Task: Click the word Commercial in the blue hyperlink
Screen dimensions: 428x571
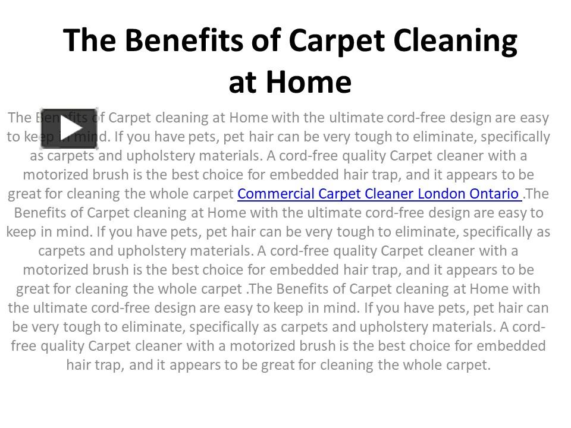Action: pyautogui.click(x=276, y=194)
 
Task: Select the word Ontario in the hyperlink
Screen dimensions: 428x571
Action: pyautogui.click(x=495, y=194)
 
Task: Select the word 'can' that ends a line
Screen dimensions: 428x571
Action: pyautogui.click(x=537, y=308)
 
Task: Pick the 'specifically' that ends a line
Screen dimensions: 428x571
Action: pyautogui.click(x=515, y=137)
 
